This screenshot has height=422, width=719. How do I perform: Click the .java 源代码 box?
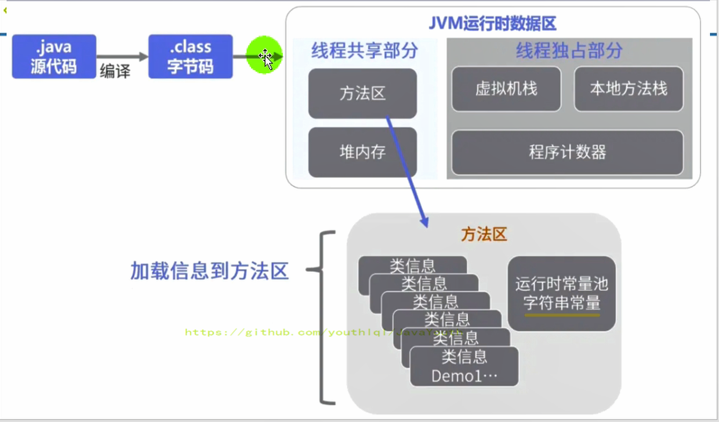pyautogui.click(x=54, y=56)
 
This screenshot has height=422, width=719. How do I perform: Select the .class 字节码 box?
pyautogui.click(x=190, y=56)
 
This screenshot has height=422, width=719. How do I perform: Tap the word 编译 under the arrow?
pyautogui.click(x=115, y=71)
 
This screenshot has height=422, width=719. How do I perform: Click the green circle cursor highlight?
pyautogui.click(x=264, y=55)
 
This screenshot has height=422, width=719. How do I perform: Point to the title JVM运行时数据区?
pyautogui.click(x=492, y=24)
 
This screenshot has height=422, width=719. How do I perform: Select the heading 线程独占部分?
pyautogui.click(x=569, y=50)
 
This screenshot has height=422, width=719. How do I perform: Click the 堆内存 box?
pyautogui.click(x=362, y=152)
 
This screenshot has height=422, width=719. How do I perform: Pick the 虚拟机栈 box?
pyautogui.click(x=506, y=89)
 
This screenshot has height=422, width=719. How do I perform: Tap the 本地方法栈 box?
pyautogui.click(x=628, y=89)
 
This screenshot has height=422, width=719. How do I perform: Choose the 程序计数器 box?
pyautogui.click(x=567, y=152)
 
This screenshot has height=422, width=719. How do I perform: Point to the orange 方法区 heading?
pyautogui.click(x=484, y=234)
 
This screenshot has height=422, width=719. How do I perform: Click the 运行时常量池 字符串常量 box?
pyautogui.click(x=561, y=293)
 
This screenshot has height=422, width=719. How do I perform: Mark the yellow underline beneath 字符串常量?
pyautogui.click(x=562, y=315)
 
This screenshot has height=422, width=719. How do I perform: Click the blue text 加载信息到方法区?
pyautogui.click(x=209, y=271)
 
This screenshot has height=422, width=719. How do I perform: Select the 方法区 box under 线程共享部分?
pyautogui.click(x=362, y=93)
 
